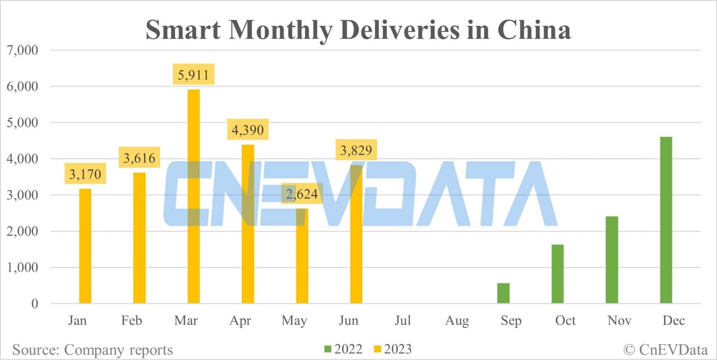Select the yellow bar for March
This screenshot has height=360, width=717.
(x=193, y=196)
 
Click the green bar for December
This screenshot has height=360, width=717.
(x=666, y=220)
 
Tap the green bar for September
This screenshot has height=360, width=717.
(x=503, y=293)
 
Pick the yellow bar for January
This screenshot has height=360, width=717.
(x=85, y=246)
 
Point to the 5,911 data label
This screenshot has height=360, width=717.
(x=193, y=75)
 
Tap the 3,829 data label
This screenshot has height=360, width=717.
(x=356, y=150)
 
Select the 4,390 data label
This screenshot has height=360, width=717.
(x=248, y=130)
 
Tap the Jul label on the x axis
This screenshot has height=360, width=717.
(x=402, y=320)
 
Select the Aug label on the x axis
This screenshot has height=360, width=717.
(x=457, y=320)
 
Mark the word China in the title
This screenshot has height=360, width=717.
(x=534, y=30)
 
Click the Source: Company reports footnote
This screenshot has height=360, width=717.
(x=92, y=349)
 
